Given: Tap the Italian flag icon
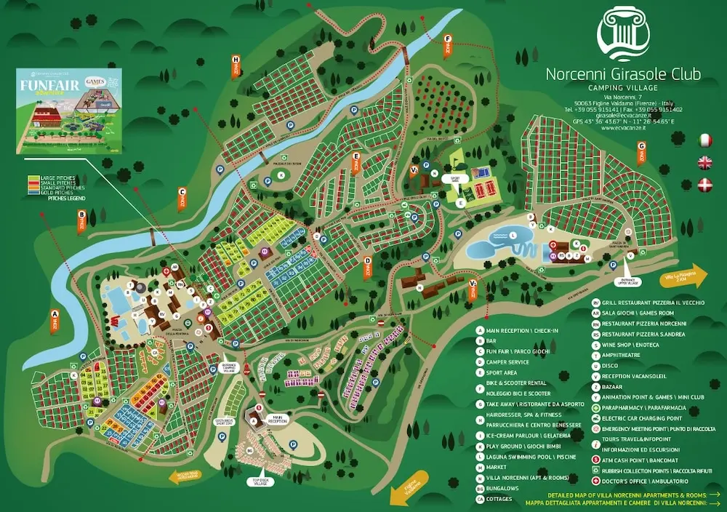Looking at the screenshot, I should point(704,140).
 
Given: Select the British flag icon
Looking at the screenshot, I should point(704,162).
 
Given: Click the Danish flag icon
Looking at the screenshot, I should point(704,184).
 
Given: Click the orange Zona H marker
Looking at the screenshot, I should point(236,67).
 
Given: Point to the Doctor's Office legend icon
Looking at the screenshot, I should point(595,481).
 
